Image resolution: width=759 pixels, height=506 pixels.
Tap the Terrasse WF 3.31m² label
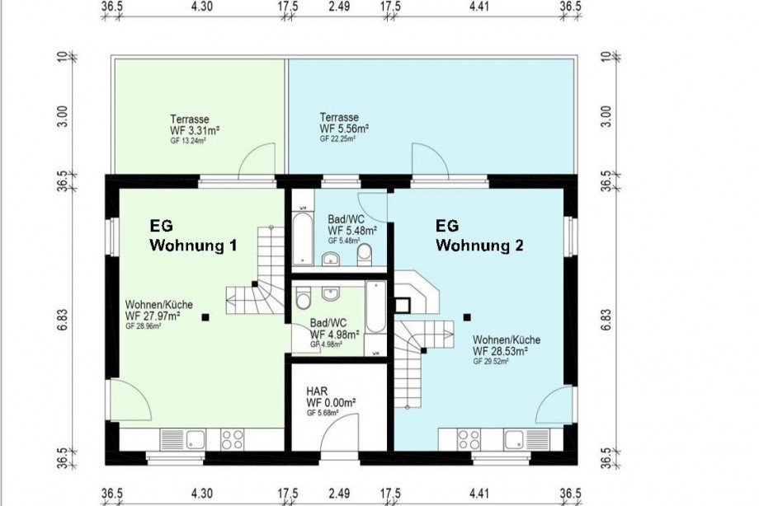coord(194,129)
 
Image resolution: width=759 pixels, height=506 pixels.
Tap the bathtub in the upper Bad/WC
coord(303,234)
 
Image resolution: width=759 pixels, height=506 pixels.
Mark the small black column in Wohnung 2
coord(466,315)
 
